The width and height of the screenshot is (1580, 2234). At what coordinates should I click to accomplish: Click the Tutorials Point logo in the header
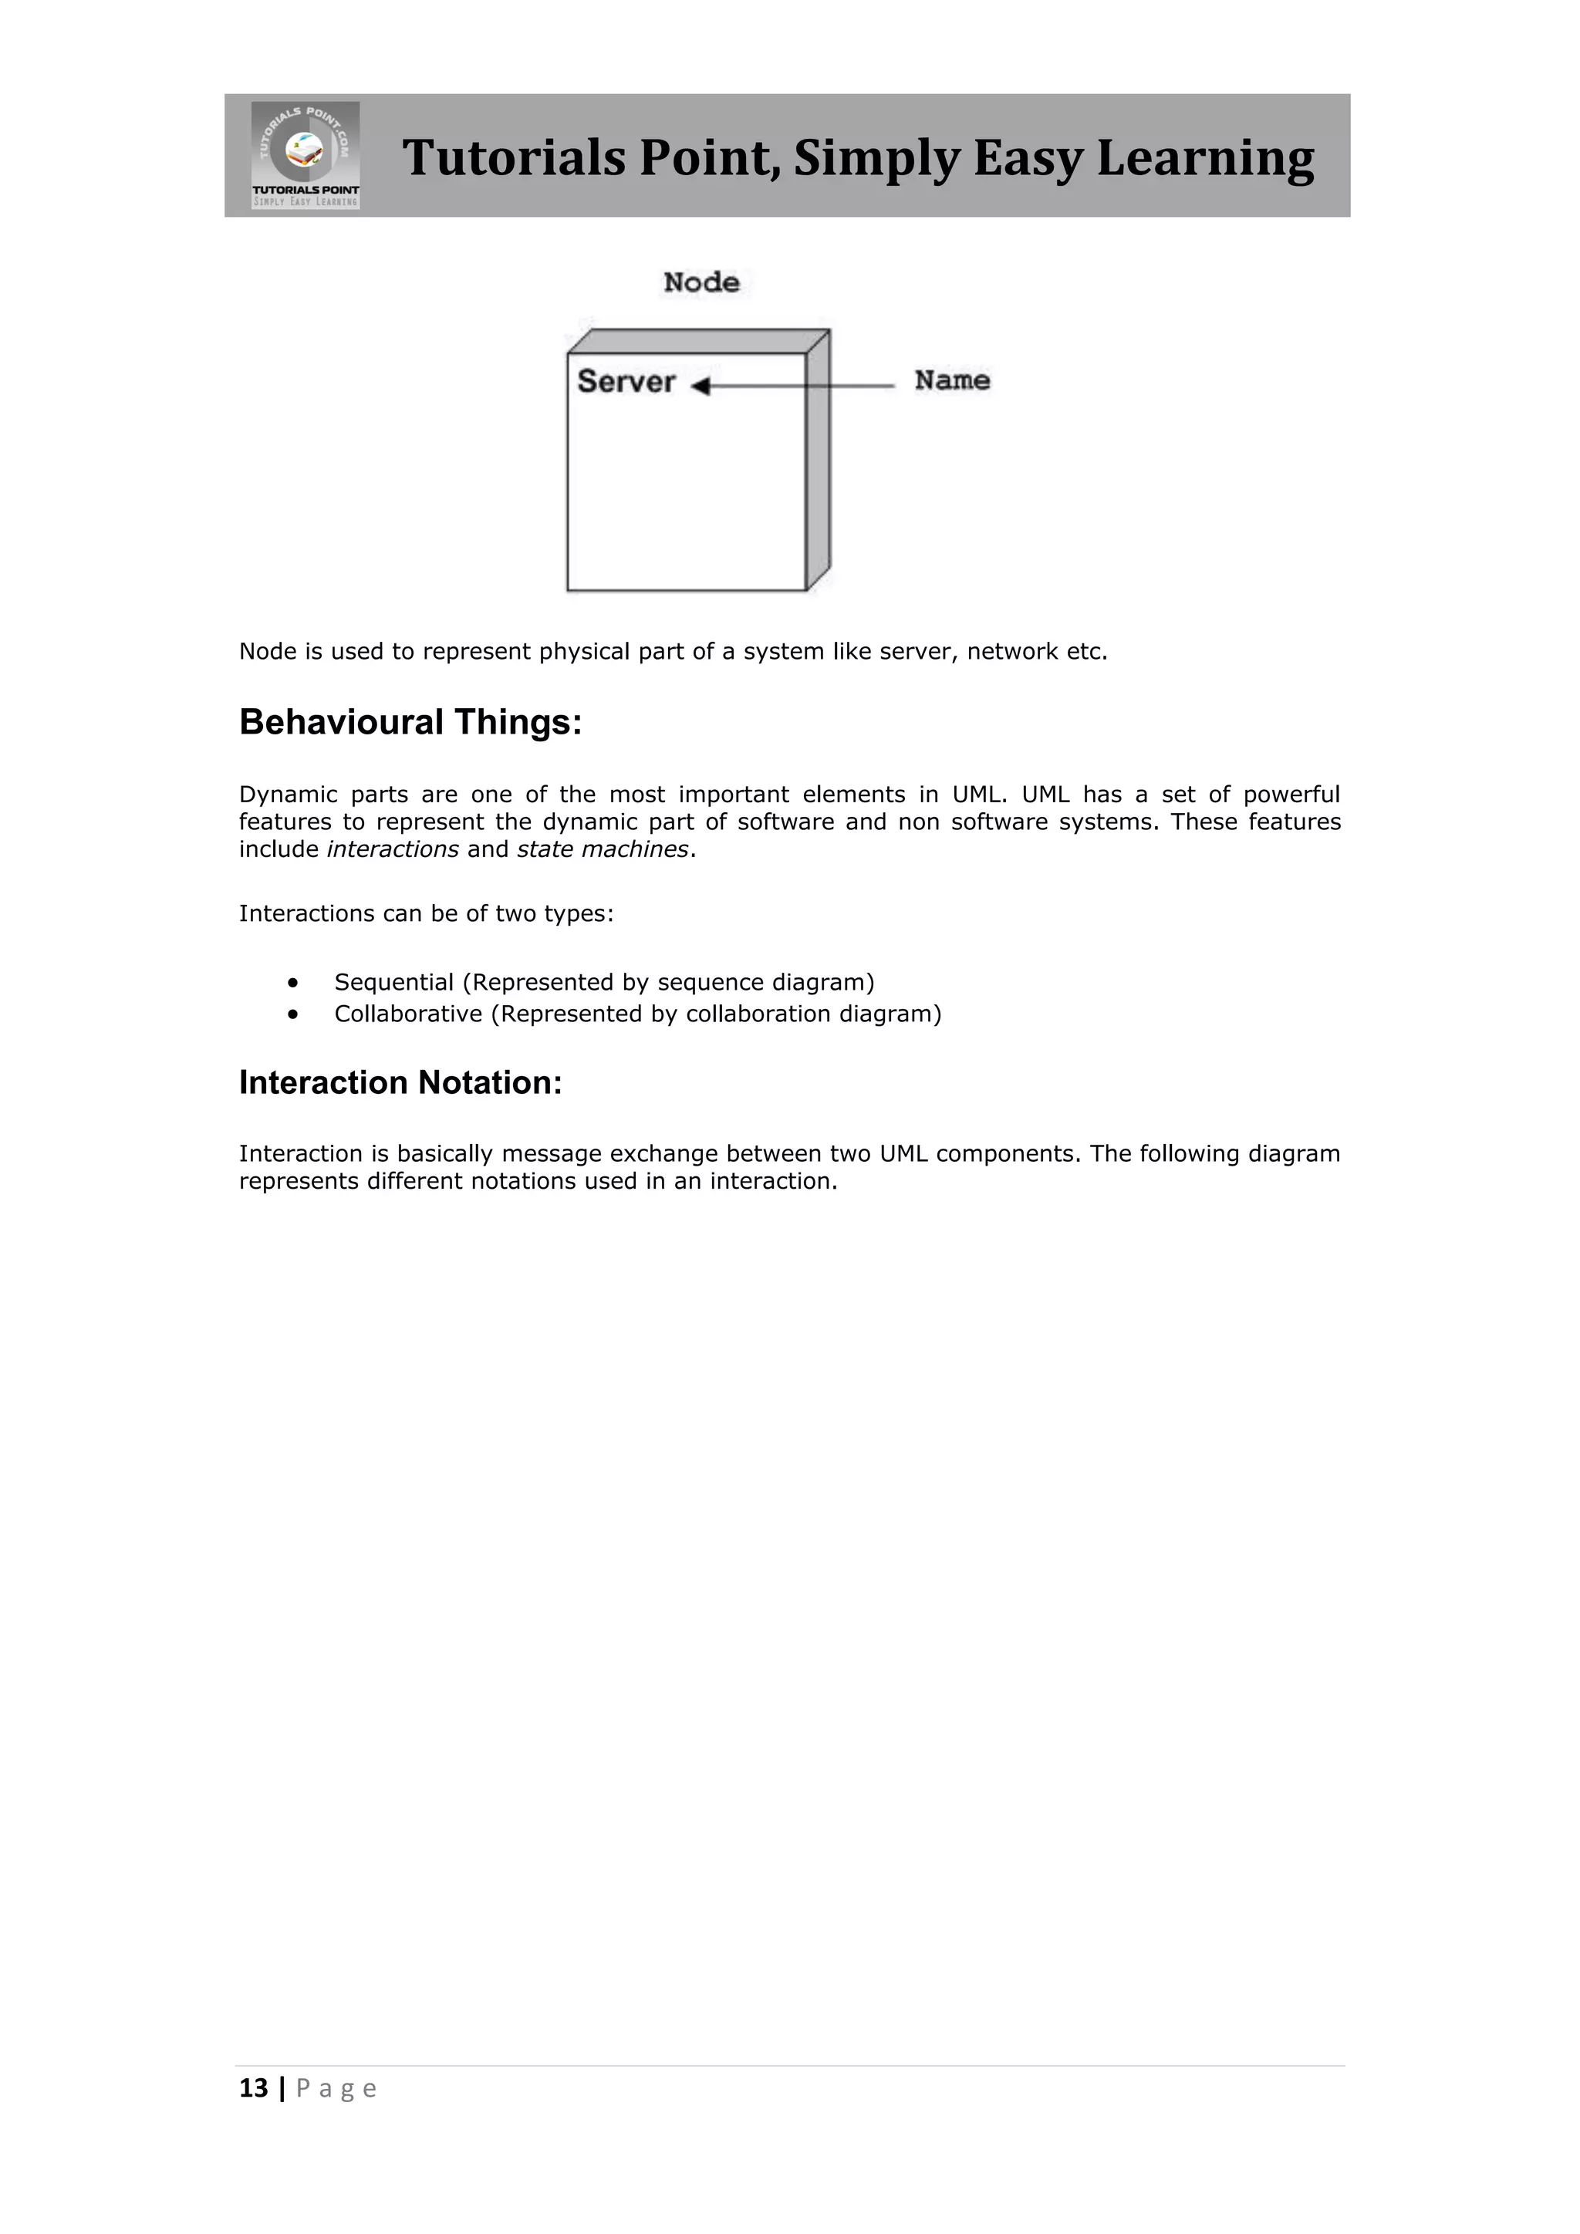306,155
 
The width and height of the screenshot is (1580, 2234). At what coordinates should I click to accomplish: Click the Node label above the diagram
701,282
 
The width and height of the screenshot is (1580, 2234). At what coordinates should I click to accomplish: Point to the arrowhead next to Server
701,386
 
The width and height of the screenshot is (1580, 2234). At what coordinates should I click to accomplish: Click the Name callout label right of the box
951,380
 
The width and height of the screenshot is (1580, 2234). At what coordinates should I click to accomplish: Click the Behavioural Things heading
410,723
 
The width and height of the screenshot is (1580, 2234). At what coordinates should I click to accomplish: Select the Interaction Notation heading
400,1083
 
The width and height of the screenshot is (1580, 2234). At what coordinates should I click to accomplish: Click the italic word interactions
392,849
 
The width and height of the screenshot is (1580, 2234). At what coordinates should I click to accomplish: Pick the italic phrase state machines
603,849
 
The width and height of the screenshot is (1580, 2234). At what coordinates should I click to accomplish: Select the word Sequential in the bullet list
394,983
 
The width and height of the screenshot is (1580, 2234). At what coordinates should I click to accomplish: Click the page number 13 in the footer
253,2089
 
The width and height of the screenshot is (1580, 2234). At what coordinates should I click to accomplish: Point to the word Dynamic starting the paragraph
288,795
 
